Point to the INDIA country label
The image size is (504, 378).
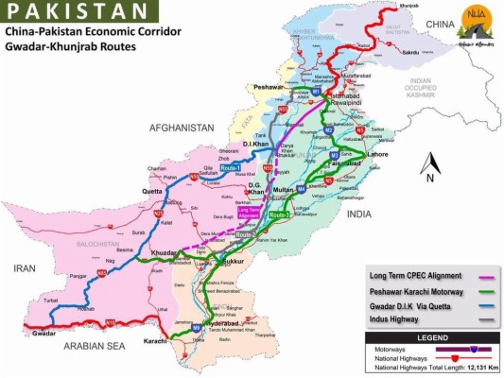click(x=385, y=214)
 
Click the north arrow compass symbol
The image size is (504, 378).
click(x=428, y=166)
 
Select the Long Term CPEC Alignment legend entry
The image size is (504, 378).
click(x=408, y=276)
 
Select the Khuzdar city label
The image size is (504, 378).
click(x=164, y=255)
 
